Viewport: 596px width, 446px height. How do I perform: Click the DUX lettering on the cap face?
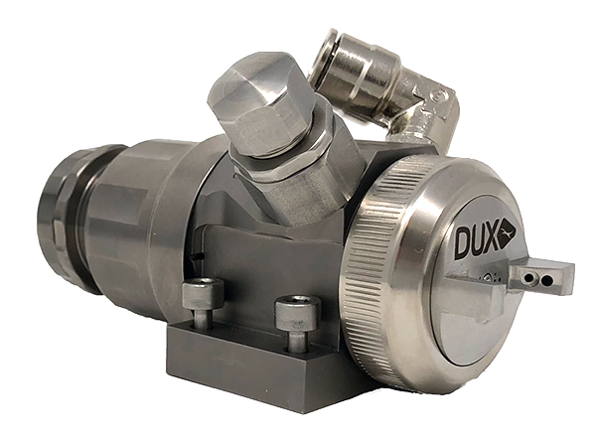475,241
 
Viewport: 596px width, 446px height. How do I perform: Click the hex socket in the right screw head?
297,306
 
